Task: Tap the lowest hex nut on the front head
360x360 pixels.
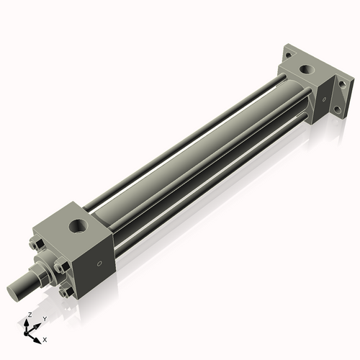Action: [67, 292]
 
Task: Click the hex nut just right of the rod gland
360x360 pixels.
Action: [60, 269]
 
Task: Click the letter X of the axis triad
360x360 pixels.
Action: [45, 338]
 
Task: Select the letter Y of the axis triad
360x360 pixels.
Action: [44, 318]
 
